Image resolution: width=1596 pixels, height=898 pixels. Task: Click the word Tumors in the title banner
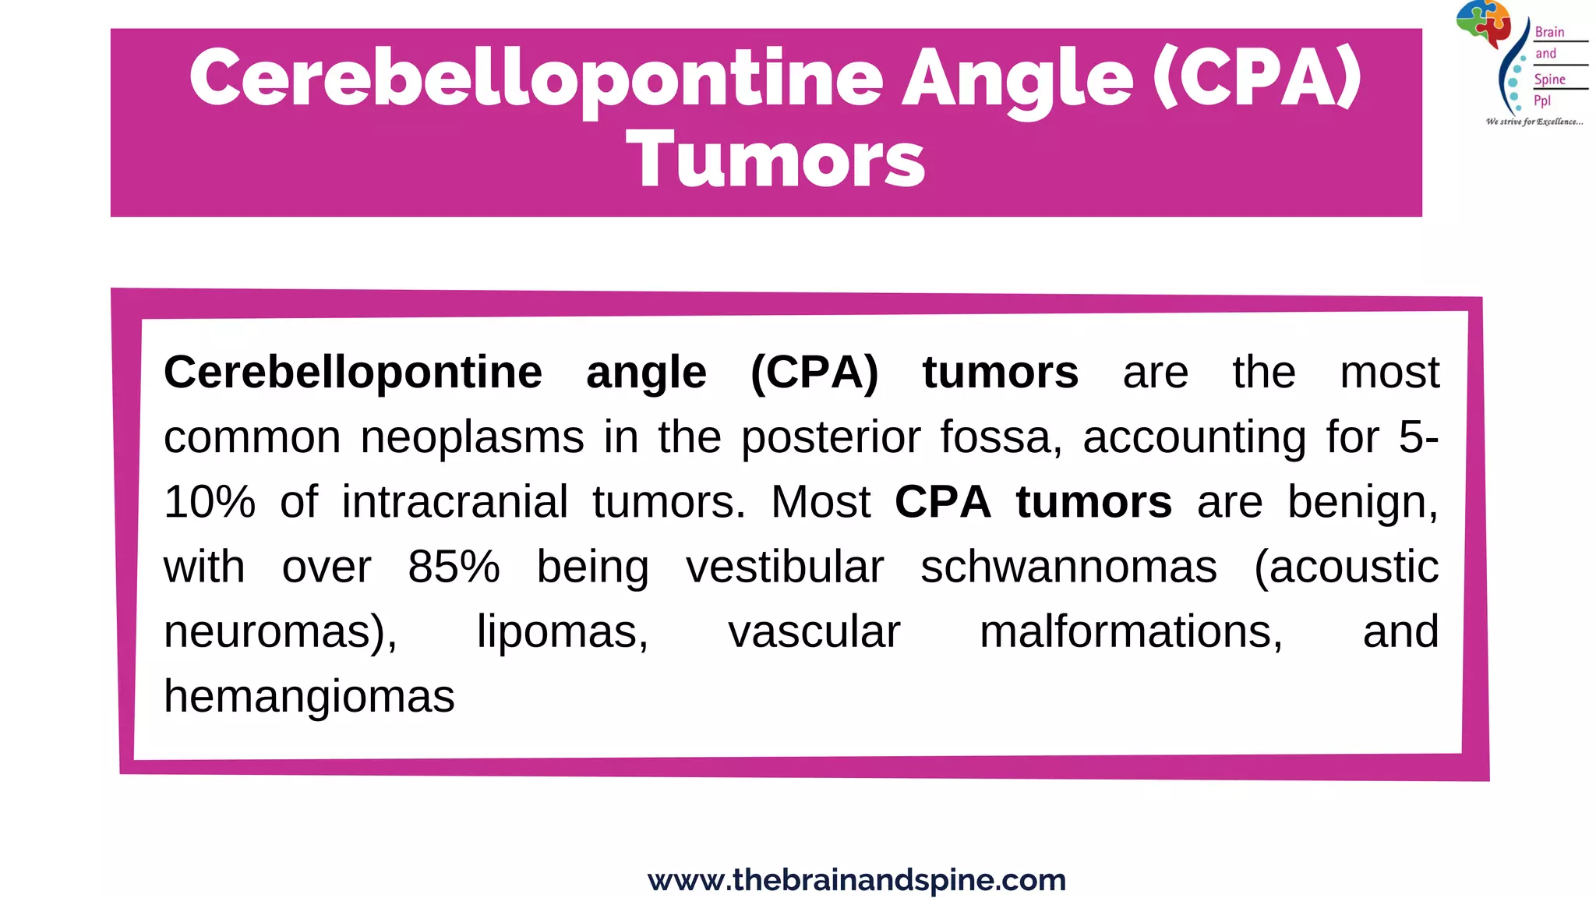775,160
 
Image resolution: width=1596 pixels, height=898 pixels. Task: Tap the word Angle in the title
1017,78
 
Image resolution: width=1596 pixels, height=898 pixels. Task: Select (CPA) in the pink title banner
1257,78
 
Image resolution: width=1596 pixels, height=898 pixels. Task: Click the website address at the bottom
856,880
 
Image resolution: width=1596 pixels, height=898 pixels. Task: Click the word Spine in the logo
1549,80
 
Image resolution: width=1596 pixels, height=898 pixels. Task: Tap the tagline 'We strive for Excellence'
1534,122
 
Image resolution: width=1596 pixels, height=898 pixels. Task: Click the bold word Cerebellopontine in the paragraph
353,373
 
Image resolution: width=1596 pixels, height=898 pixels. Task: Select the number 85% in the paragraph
454,567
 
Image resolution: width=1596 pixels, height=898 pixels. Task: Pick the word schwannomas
1068,567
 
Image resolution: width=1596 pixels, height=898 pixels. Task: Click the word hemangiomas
309,696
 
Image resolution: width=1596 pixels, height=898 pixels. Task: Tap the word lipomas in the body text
563,631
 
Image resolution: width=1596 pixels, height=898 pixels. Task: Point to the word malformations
1131,631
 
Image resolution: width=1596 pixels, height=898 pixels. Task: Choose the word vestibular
785,567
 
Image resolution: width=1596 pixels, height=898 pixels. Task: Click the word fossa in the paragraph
1001,437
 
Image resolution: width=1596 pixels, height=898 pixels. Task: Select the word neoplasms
472,437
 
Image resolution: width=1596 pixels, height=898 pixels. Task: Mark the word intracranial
455,502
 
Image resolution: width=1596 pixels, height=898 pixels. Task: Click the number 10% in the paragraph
210,502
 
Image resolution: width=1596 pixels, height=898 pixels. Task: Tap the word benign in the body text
1362,502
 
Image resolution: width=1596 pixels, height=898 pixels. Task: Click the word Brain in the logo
1549,32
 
